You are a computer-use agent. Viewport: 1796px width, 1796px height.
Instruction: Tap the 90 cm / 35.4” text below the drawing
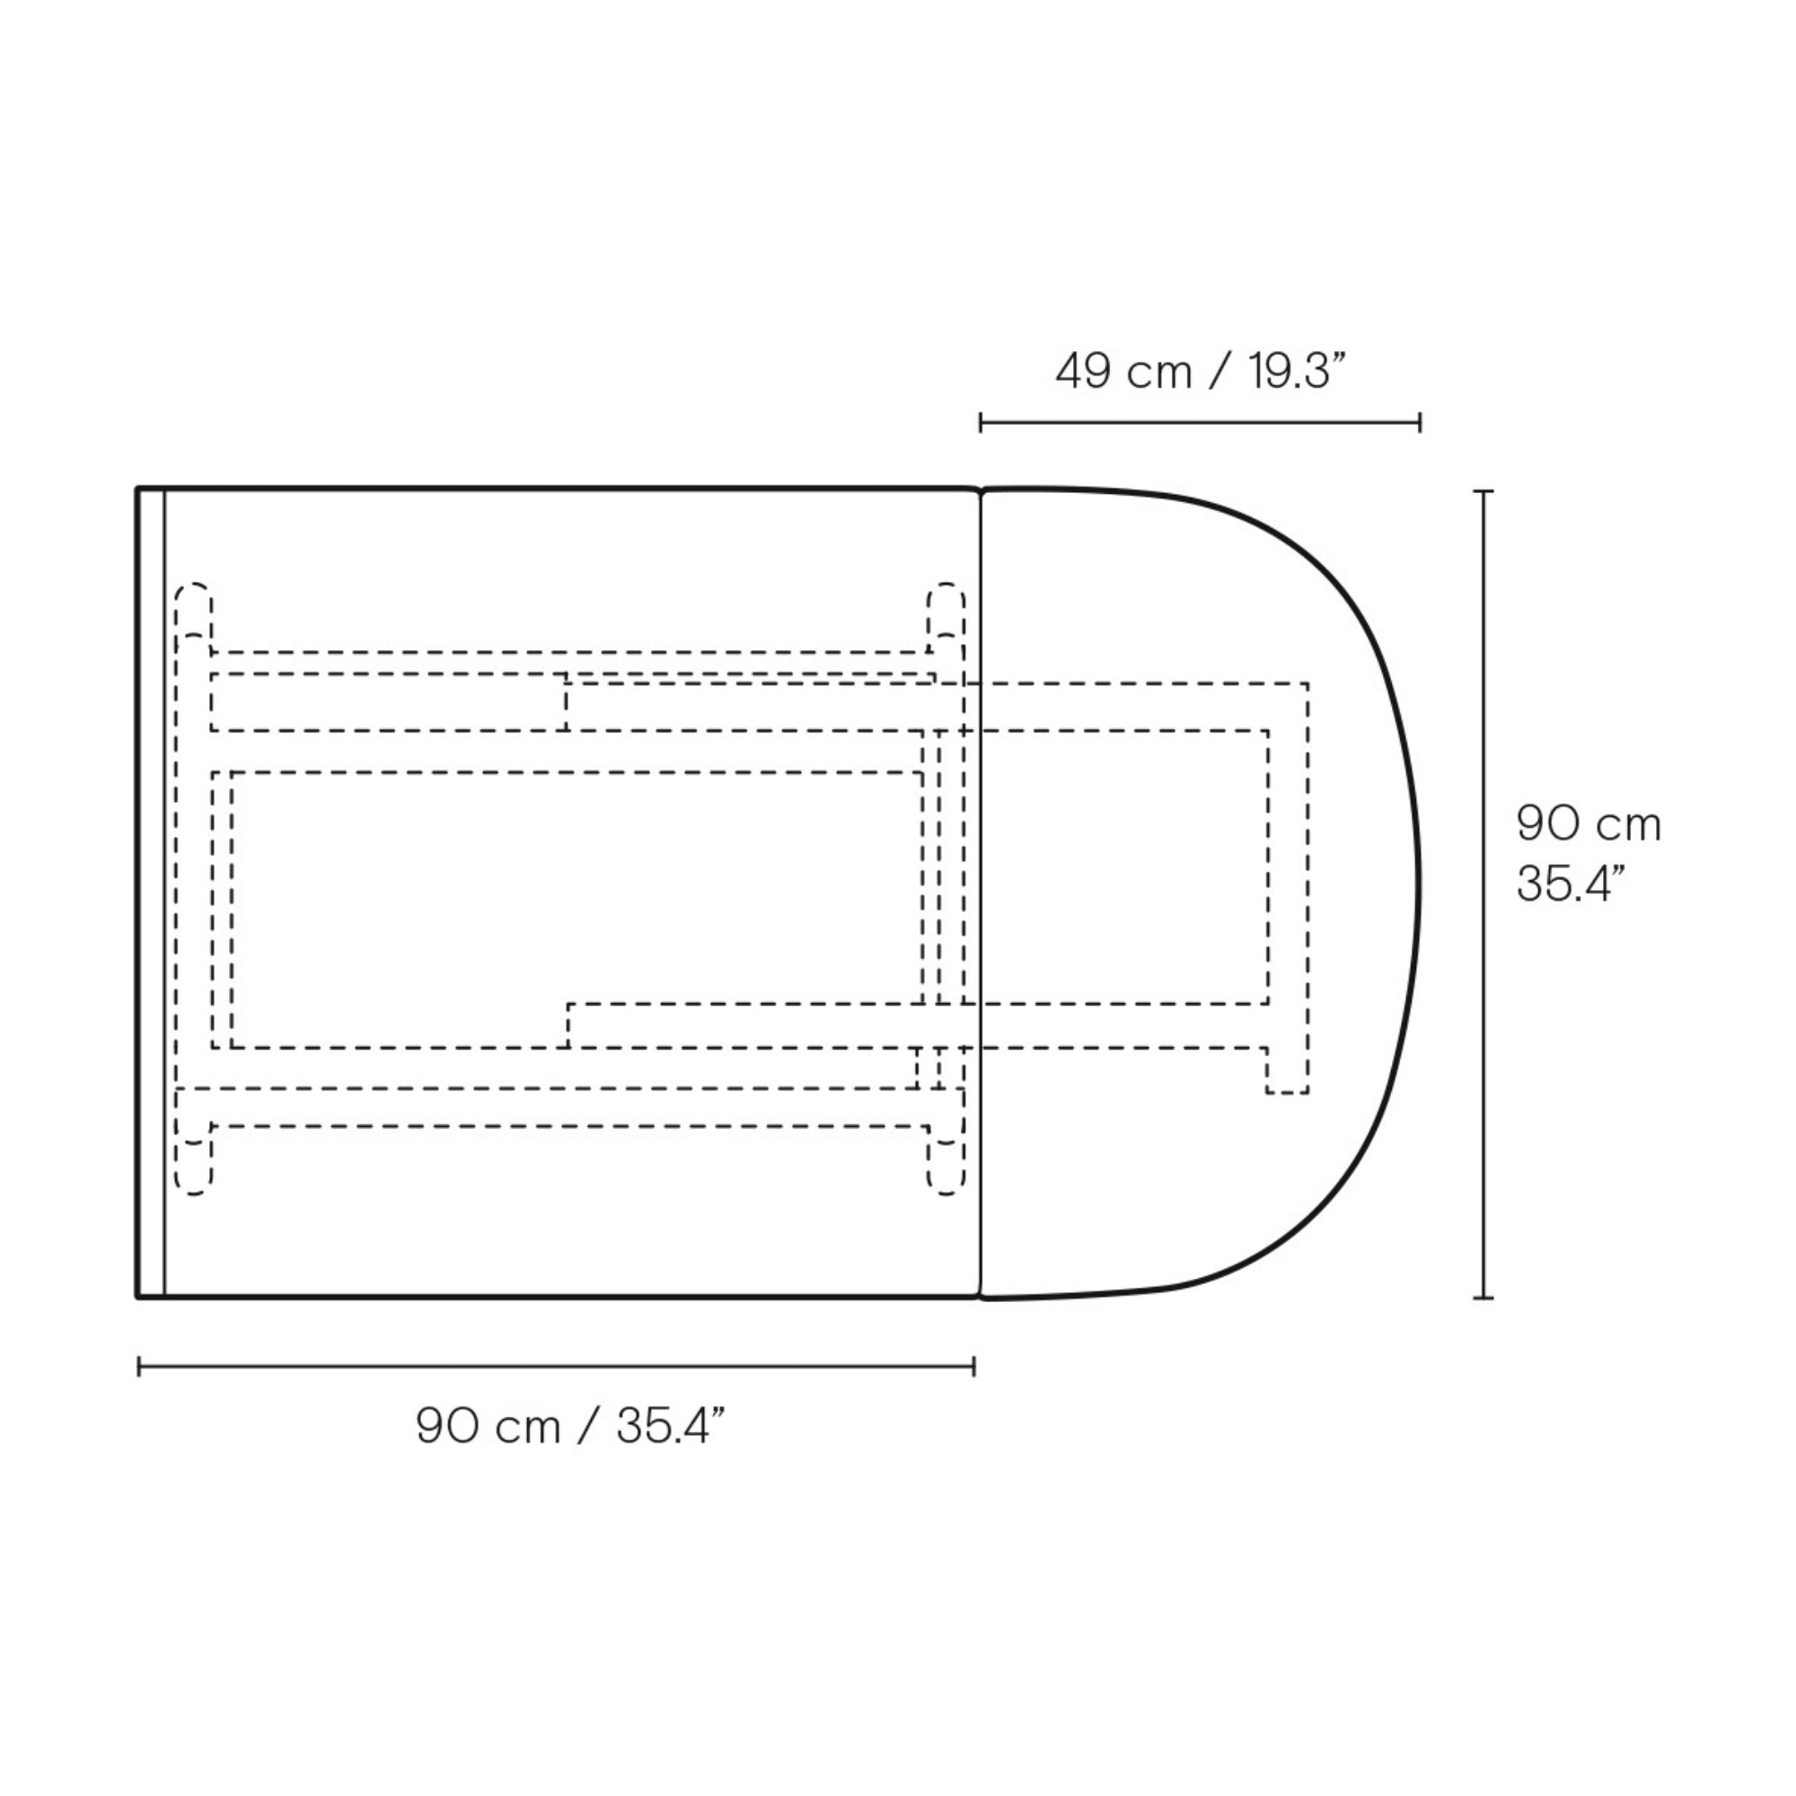pyautogui.click(x=569, y=1425)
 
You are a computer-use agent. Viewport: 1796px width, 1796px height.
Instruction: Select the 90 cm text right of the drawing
pyautogui.click(x=1588, y=823)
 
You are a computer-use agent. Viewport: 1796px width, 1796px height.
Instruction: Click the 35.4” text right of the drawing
pyautogui.click(x=1570, y=883)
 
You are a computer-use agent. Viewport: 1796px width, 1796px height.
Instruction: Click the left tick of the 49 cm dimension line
pyautogui.click(x=981, y=424)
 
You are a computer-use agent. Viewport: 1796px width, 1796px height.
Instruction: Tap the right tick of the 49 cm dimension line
pyautogui.click(x=1420, y=424)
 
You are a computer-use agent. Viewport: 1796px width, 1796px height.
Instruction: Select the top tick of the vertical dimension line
pyautogui.click(x=1483, y=491)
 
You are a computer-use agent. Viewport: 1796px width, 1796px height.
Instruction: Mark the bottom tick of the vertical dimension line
pyautogui.click(x=1483, y=1297)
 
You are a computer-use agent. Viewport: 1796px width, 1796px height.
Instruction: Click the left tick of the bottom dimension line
pyautogui.click(x=139, y=1366)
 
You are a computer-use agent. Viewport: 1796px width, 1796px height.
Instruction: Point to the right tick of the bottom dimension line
pyautogui.click(x=973, y=1366)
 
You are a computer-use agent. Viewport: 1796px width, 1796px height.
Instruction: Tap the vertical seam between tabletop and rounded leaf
pyautogui.click(x=982, y=893)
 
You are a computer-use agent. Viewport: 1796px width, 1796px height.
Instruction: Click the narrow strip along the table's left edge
pyautogui.click(x=152, y=893)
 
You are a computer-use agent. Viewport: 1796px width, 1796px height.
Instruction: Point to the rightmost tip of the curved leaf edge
pyautogui.click(x=1420, y=893)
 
